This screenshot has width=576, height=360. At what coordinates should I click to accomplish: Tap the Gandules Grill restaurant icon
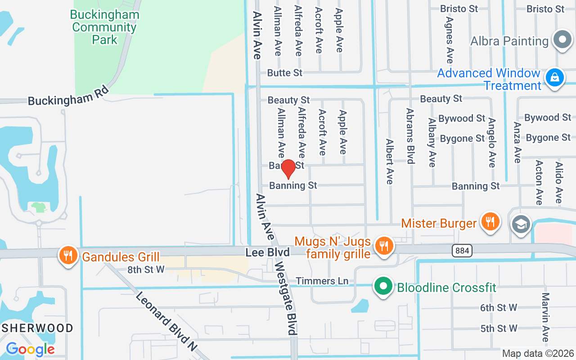tap(68, 256)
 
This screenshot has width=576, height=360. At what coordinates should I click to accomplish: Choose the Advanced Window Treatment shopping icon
tap(555, 78)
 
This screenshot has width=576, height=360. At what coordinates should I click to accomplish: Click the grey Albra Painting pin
tap(562, 40)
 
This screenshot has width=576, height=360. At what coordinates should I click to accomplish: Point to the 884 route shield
tap(462, 250)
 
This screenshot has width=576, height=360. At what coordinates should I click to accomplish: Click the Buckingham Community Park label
tap(104, 27)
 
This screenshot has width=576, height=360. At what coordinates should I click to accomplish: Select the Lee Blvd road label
tap(267, 252)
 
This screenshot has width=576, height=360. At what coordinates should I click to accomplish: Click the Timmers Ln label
tap(322, 281)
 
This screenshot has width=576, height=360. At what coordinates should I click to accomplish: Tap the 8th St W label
tap(146, 270)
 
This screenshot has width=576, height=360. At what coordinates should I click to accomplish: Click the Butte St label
tap(285, 72)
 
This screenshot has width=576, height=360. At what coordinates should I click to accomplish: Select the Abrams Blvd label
tap(410, 136)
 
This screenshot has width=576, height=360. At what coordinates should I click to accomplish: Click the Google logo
tap(30, 349)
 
